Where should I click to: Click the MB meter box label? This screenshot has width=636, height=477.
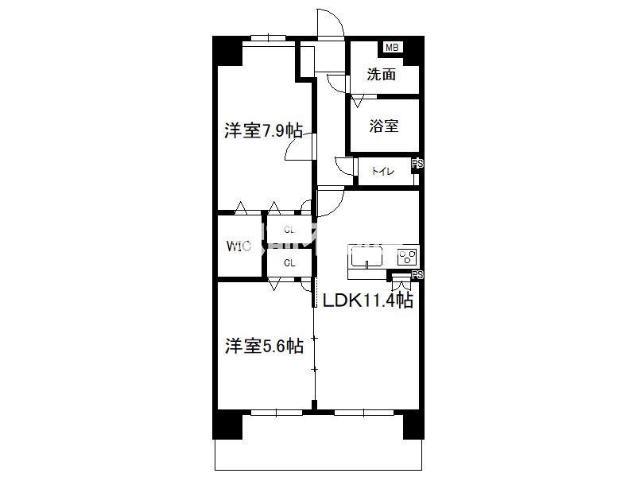coord(392,48)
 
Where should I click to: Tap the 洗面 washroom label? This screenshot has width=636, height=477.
coord(382,74)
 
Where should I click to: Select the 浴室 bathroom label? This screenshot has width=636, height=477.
coord(384,126)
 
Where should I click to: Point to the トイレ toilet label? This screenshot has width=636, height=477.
coord(382,171)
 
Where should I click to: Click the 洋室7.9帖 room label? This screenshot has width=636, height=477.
coord(264,131)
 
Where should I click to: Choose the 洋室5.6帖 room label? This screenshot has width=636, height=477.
coord(264,347)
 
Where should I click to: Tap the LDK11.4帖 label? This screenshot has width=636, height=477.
coord(368,301)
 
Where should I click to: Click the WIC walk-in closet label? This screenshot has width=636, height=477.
coord(238,246)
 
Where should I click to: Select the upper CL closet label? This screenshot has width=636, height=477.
coord(289,230)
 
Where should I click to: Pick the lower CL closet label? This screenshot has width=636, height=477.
coord(289,263)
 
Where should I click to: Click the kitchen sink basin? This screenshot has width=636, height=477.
coord(366,256)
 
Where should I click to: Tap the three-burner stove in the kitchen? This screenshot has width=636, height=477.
coord(408,257)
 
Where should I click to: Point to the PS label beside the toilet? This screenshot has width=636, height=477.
coord(417,164)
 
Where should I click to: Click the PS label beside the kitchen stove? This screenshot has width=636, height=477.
coord(417,274)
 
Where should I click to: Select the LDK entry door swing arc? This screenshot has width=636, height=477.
coord(335,209)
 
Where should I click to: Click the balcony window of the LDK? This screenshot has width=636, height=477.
coord(364,413)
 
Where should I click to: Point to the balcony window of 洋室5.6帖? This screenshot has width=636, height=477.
coord(276,413)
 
